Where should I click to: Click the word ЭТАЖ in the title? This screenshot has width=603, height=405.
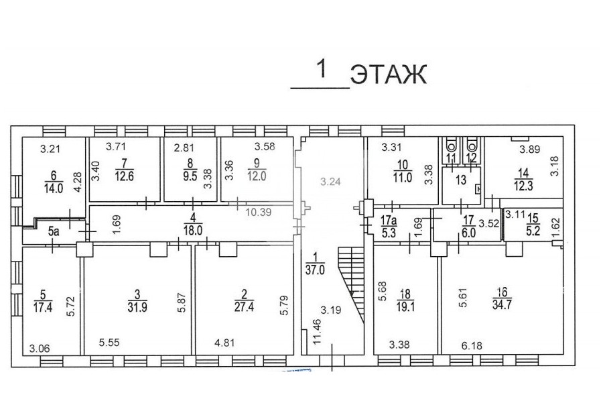[389, 74]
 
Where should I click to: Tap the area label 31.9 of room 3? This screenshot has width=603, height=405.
[137, 307]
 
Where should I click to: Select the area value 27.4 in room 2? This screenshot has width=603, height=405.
[244, 307]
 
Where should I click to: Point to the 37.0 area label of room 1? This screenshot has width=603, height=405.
[315, 270]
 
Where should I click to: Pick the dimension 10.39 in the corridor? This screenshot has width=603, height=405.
[259, 212]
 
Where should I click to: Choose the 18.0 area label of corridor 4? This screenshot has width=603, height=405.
[193, 231]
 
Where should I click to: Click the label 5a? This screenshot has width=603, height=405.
[54, 232]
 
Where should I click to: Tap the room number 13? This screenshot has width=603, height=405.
[461, 180]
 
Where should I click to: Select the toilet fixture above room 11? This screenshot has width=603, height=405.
[451, 144]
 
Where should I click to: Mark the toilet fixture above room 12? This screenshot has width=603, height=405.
[472, 144]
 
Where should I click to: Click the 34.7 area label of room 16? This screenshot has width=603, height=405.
[502, 304]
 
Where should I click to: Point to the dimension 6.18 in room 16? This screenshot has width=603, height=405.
[472, 346]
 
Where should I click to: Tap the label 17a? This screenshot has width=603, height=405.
[389, 221]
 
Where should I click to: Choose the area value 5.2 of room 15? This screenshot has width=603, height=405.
[533, 232]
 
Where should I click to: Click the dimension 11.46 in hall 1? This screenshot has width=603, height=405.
[317, 331]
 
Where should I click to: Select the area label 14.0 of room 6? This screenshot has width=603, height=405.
[54, 188]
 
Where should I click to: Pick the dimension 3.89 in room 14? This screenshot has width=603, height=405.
[530, 150]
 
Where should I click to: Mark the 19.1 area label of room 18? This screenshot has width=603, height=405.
[405, 307]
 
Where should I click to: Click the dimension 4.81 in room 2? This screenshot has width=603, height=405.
[224, 342]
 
